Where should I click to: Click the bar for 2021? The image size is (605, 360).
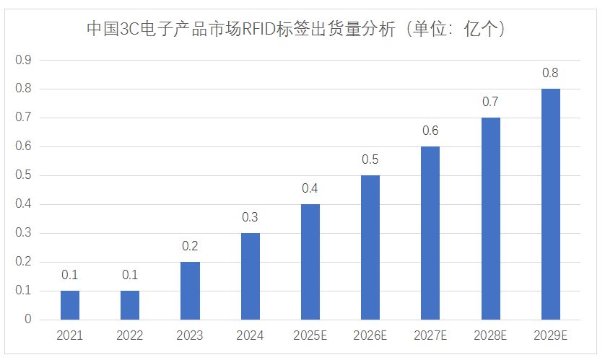[70, 305]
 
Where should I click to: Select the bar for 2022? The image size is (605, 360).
[130, 305]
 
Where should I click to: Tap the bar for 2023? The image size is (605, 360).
[190, 291]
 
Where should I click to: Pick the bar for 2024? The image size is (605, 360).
[250, 276]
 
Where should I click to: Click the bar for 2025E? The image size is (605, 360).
[310, 262]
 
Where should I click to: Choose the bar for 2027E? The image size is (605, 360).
[430, 233]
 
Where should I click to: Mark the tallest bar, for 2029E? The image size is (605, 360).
[550, 204]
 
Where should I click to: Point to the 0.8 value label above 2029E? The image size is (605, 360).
[550, 73]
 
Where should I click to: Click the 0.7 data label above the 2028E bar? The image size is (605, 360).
[490, 102]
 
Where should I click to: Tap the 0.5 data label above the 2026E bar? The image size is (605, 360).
[370, 159]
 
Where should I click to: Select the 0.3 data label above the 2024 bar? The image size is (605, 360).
[250, 217]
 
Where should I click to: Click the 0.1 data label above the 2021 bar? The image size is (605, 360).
[70, 275]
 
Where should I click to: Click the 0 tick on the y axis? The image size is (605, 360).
[28, 320]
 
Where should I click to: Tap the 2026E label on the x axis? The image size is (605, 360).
[370, 335]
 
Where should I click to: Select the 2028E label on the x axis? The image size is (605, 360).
[490, 335]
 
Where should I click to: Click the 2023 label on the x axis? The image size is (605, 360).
[190, 335]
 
